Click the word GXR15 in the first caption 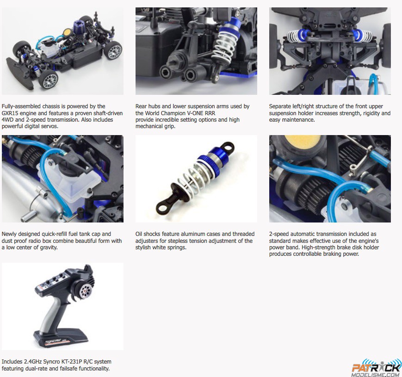[x=9, y=113]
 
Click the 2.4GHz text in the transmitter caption [x=33, y=362]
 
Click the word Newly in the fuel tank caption [x=9, y=234]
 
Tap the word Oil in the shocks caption [x=139, y=234]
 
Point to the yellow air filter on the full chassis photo [x=67, y=32]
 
